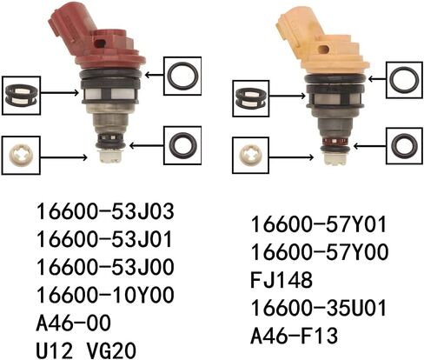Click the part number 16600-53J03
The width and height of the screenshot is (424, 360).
point(105,211)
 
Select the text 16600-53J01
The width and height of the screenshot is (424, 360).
point(104,239)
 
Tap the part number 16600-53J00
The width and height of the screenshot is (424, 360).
point(105,267)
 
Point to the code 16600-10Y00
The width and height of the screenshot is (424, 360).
point(105,295)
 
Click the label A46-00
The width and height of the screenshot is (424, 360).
point(74,323)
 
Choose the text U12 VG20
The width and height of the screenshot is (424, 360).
point(86,350)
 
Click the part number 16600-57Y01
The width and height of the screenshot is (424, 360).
point(319,224)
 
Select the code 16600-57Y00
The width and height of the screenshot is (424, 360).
point(319,252)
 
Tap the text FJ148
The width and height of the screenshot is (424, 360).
point(282,280)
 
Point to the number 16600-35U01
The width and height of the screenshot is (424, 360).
point(319,308)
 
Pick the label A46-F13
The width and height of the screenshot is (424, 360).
point(295,336)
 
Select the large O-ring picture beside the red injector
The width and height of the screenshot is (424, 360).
point(182,76)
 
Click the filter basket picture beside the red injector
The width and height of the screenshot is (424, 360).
point(21,95)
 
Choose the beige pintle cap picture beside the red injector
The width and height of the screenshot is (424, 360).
point(21,156)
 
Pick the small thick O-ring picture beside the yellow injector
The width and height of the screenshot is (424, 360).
point(404,145)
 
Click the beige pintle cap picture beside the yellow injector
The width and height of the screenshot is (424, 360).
point(251,155)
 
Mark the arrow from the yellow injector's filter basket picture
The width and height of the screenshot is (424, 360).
point(288,96)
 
